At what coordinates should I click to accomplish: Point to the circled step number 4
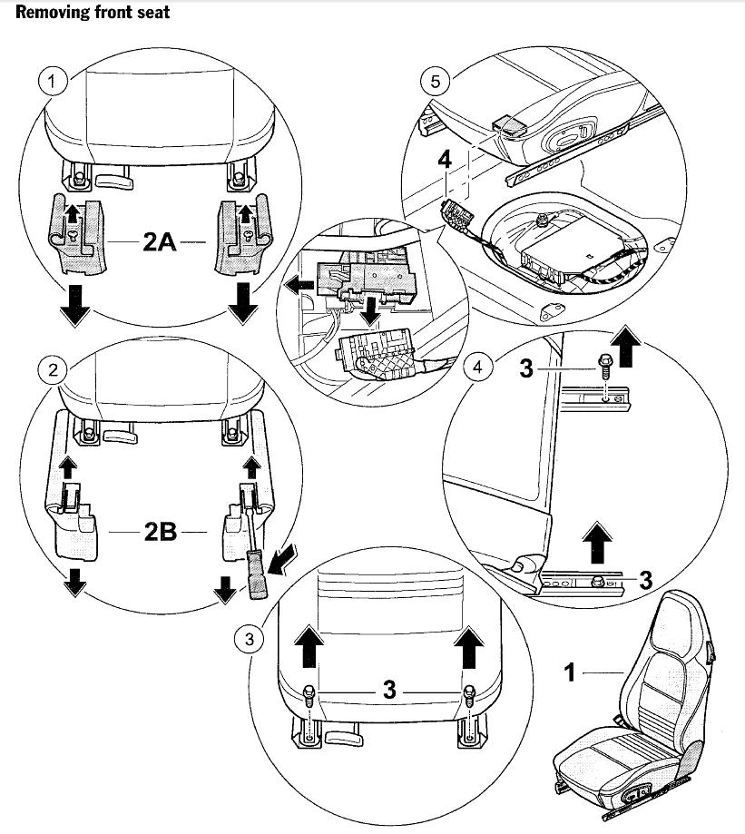tap(477, 368)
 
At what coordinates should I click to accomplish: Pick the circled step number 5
tap(435, 82)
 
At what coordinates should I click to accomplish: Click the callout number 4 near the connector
tap(444, 160)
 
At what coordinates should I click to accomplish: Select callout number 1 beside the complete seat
tap(570, 672)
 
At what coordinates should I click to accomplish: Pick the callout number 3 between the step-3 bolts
tap(389, 691)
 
